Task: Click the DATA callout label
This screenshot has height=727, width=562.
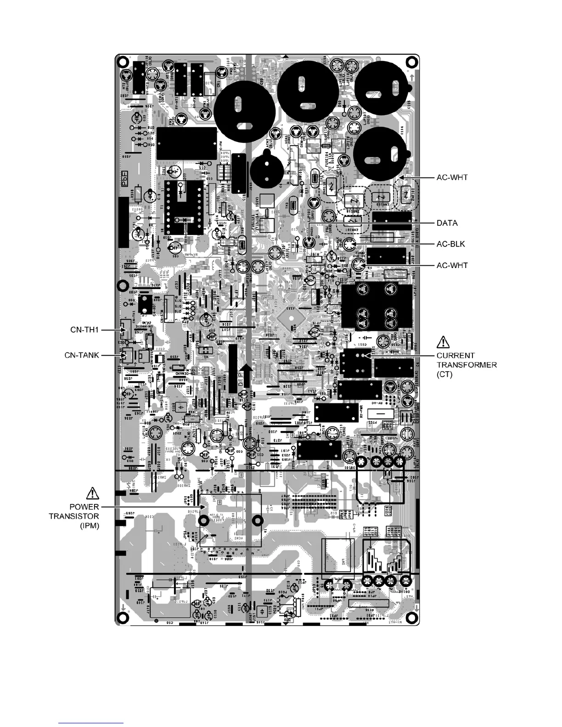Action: (447, 223)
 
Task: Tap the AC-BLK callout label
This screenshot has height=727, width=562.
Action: (450, 244)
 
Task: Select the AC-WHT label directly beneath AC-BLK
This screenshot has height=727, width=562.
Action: (452, 265)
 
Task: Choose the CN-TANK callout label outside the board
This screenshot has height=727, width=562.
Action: (82, 355)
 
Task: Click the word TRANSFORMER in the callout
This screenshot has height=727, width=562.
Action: (466, 365)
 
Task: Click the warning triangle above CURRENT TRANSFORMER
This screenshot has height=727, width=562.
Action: (443, 342)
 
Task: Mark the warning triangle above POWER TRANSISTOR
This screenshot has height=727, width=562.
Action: (92, 493)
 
